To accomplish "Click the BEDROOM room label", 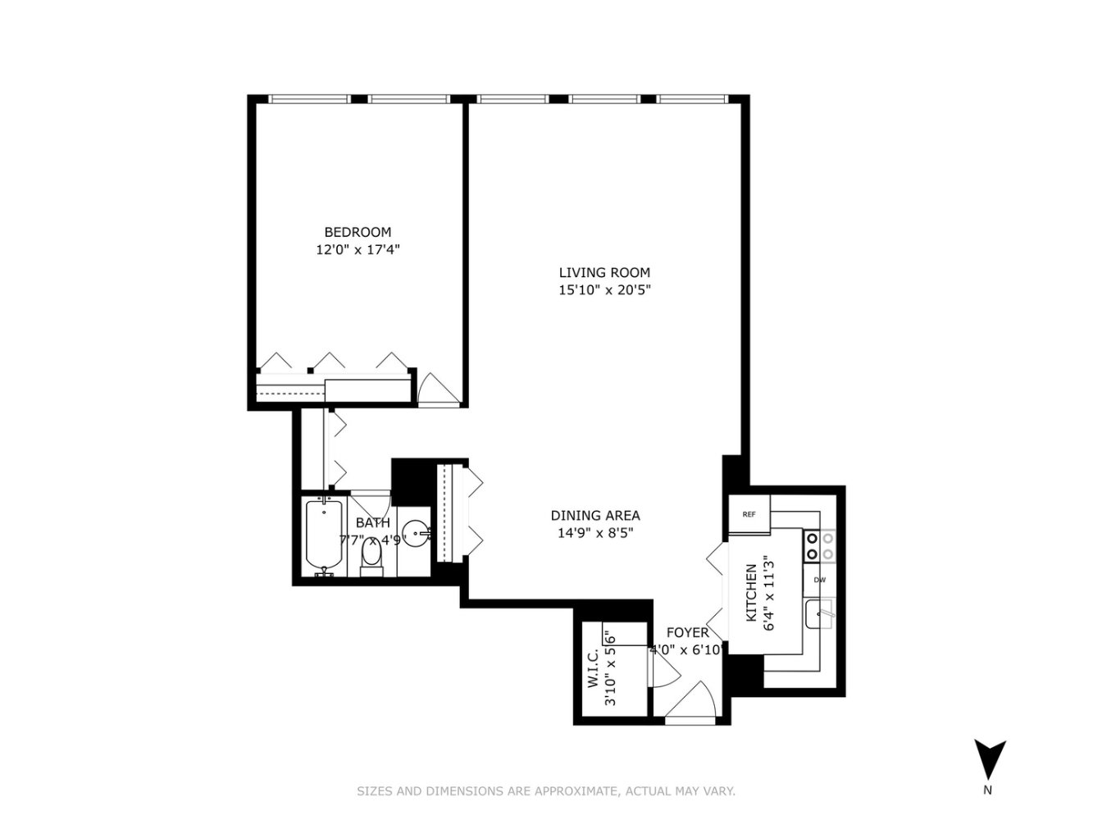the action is click(358, 232).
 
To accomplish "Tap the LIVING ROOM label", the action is click(604, 273).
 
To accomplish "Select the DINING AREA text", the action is click(595, 515).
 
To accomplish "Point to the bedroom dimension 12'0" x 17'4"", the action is click(358, 249).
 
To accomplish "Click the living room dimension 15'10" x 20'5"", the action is click(605, 289).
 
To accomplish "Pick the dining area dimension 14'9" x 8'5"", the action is click(595, 533).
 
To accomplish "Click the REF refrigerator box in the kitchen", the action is click(749, 514).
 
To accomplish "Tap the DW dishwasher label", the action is click(820, 580).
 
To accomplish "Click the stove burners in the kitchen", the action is click(820, 546).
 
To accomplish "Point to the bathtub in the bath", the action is click(324, 538).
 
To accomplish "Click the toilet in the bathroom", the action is click(371, 557).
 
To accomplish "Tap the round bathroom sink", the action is click(415, 534).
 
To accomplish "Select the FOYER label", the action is click(688, 633).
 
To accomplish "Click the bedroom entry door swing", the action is click(438, 391).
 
